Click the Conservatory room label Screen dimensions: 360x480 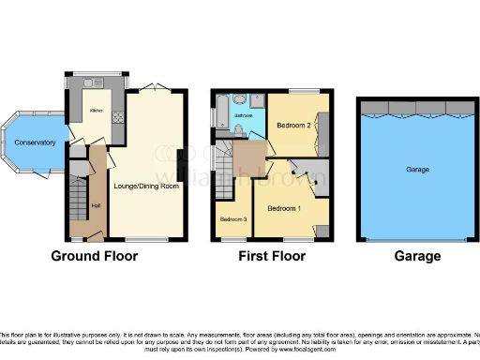(34, 142)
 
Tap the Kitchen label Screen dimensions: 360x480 (96, 111)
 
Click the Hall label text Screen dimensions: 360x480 (95, 206)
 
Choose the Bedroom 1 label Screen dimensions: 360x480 (285, 207)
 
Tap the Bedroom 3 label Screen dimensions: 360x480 (233, 219)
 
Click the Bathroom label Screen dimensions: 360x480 (244, 115)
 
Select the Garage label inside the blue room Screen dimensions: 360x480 (417, 170)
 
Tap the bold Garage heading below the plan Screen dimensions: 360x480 (417, 256)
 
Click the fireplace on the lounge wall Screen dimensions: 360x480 (180, 154)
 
